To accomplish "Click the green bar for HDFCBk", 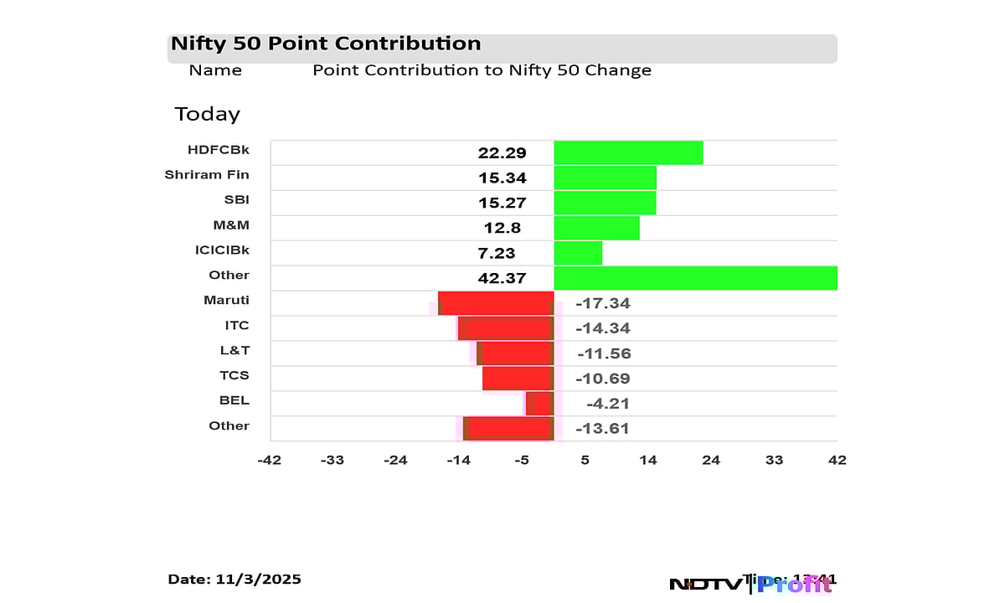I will point(628,152).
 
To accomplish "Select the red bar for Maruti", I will point(496,303).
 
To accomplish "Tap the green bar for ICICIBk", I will point(578,253).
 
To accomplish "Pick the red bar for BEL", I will point(539,404).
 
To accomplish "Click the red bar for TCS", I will point(518,379).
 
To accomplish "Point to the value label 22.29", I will point(502,152).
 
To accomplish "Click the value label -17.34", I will point(603,303).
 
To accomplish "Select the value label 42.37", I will point(502,278).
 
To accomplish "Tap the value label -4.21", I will point(607,404).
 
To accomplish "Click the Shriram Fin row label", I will point(207,175).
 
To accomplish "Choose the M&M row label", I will point(231,225).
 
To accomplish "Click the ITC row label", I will point(237,326).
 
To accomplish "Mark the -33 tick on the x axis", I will point(333,460).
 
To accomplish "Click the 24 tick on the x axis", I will point(711,460).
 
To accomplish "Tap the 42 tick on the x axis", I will point(837,460).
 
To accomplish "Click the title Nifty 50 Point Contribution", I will point(326,44).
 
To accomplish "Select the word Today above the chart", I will point(207,114).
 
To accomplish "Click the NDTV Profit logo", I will point(750,584).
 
